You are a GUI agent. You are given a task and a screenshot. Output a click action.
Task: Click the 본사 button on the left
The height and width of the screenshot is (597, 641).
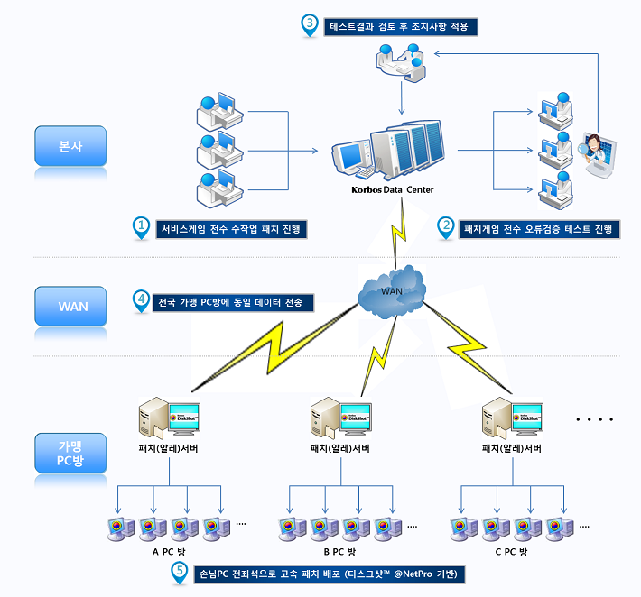(70, 146)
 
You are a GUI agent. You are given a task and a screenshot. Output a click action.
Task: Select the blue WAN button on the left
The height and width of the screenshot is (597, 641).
(71, 306)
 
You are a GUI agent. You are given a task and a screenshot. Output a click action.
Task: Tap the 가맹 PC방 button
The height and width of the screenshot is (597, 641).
(70, 453)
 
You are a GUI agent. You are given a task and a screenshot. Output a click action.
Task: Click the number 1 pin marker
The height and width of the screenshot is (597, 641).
(140, 227)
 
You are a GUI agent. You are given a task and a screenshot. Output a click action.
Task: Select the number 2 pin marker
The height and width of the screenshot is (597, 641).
(445, 227)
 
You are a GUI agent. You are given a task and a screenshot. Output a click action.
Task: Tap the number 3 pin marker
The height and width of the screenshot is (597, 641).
(309, 25)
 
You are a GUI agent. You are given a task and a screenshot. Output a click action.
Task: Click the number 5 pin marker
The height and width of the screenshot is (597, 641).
(181, 573)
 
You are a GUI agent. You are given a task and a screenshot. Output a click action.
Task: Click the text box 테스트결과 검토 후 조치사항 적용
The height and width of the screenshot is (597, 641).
(400, 26)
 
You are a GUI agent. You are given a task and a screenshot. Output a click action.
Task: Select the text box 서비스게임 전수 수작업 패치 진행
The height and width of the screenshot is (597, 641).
(231, 229)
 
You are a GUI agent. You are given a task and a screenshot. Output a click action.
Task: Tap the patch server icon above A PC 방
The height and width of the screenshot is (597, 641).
(168, 419)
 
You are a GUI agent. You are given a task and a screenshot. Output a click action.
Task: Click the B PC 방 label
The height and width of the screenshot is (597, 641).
(339, 551)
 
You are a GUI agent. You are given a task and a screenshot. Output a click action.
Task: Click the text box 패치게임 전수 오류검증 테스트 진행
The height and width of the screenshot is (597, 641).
(539, 229)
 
